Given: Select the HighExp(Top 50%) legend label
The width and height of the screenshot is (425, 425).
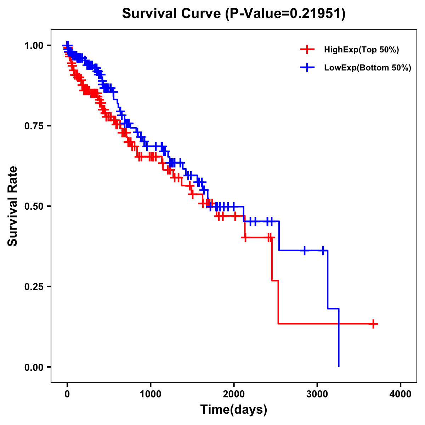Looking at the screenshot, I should pos(361,50).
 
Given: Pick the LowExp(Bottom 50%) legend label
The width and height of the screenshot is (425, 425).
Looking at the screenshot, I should pos(368,68).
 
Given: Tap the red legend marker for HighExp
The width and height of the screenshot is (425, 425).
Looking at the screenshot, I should pos(307,50).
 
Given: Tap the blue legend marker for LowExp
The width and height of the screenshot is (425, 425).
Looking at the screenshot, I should pos(307,68).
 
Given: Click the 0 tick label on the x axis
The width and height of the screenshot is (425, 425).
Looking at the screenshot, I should pos(67,394).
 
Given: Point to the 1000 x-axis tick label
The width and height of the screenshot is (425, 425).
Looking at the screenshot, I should pos(151,394).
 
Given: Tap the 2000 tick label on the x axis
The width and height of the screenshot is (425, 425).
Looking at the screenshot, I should pos(234,394).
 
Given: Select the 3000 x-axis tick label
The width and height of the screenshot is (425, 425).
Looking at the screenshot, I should pos(317,394).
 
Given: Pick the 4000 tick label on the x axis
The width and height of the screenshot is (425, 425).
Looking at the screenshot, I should pos(401,394).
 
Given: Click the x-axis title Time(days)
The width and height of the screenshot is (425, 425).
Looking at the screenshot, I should pos(234,410).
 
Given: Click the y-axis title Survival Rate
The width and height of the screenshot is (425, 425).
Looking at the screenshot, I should pos(13,206).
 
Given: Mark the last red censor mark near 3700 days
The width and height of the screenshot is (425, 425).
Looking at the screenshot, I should pos(373,324).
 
